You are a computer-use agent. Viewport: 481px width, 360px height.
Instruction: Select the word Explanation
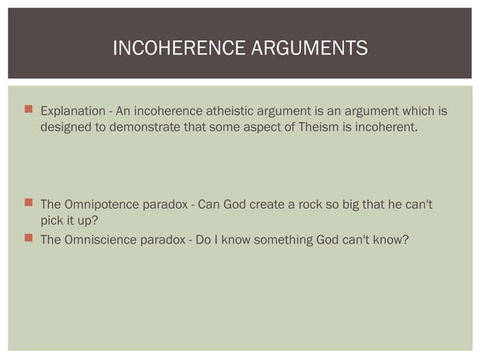pyautogui.click(x=73, y=112)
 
